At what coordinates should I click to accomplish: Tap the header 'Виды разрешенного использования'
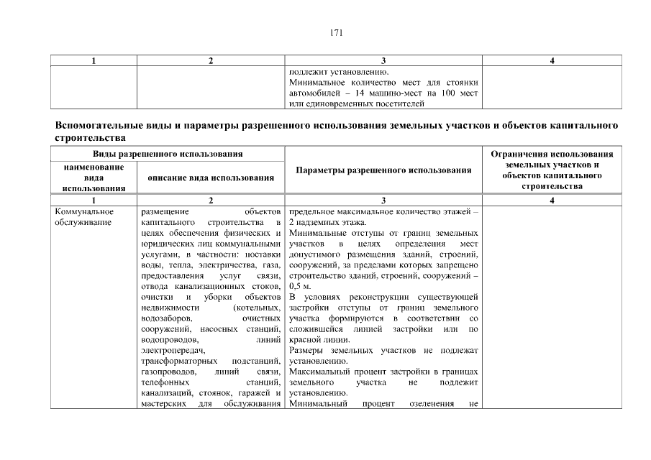(167, 155)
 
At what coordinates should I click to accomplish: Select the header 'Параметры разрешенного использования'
(383, 171)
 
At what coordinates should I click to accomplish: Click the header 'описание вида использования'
(211, 177)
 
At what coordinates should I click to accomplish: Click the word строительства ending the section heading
(91, 137)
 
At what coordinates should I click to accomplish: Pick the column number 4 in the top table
(552, 60)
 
